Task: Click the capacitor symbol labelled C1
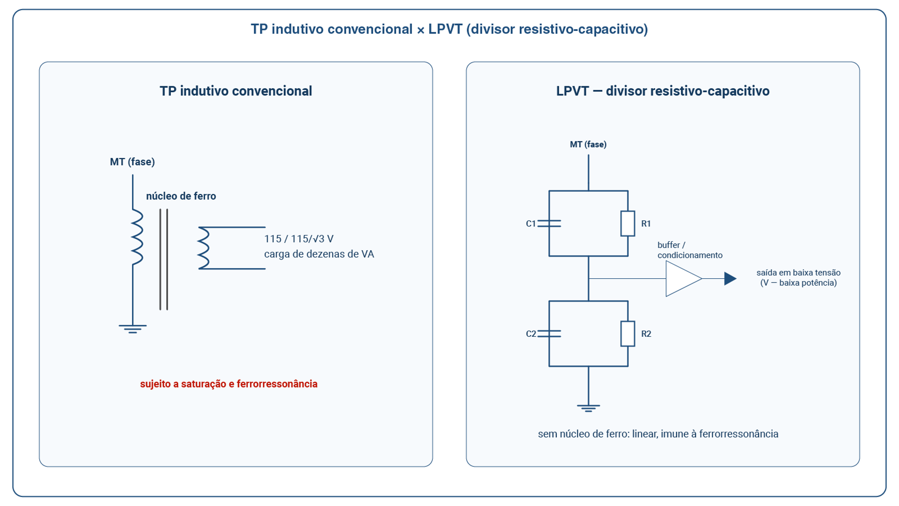[x=549, y=223]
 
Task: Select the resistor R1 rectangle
[x=628, y=223]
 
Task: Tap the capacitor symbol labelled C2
[x=549, y=334]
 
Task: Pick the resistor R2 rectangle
[x=628, y=334]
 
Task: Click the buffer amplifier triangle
[x=684, y=279]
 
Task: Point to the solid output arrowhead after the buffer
[x=730, y=279]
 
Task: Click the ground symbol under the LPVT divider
[x=589, y=408]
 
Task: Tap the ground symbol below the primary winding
[x=133, y=329]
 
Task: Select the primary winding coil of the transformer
[x=137, y=237]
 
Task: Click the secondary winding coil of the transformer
[x=203, y=248]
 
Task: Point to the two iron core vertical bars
[x=163, y=260]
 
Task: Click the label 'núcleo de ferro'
[x=181, y=196]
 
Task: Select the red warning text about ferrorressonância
[x=229, y=384]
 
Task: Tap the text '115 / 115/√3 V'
[x=299, y=239]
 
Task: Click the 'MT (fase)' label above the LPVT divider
[x=588, y=144]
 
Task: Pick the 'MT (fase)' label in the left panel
[x=133, y=162]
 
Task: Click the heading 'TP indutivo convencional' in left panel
[x=236, y=91]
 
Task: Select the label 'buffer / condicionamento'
[x=690, y=250]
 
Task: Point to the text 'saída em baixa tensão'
[x=799, y=273]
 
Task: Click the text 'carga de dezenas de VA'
[x=319, y=254]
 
